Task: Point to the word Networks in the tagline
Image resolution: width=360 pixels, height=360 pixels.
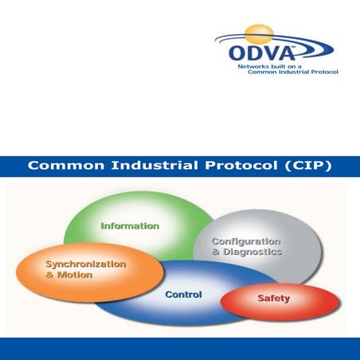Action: point(254,68)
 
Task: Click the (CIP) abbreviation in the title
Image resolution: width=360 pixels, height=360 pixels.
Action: point(307,166)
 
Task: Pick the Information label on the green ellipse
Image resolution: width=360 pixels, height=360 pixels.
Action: point(129,225)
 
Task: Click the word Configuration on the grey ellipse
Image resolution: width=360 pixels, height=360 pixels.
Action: point(246,241)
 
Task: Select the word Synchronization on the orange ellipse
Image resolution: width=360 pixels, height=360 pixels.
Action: point(86,264)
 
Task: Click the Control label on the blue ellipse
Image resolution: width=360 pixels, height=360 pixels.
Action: point(183,295)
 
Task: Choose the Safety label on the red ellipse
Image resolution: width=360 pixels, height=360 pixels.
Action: point(273,299)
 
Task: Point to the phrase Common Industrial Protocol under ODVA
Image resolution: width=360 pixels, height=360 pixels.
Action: point(294,72)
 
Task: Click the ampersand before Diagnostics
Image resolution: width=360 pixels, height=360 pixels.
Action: point(216,252)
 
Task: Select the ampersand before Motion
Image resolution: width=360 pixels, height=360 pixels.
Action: point(50,275)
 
